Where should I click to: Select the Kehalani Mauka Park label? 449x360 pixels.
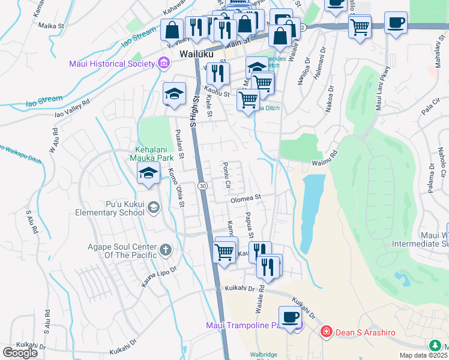150,153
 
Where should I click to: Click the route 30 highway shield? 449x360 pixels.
203,187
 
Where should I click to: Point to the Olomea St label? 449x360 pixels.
247,197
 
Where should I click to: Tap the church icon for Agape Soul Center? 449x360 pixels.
166,249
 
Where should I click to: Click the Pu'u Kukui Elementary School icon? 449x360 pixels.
154,208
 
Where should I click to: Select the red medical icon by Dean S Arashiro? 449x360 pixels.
325,331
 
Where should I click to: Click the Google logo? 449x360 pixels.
20,353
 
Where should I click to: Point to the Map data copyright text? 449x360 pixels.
424,355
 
